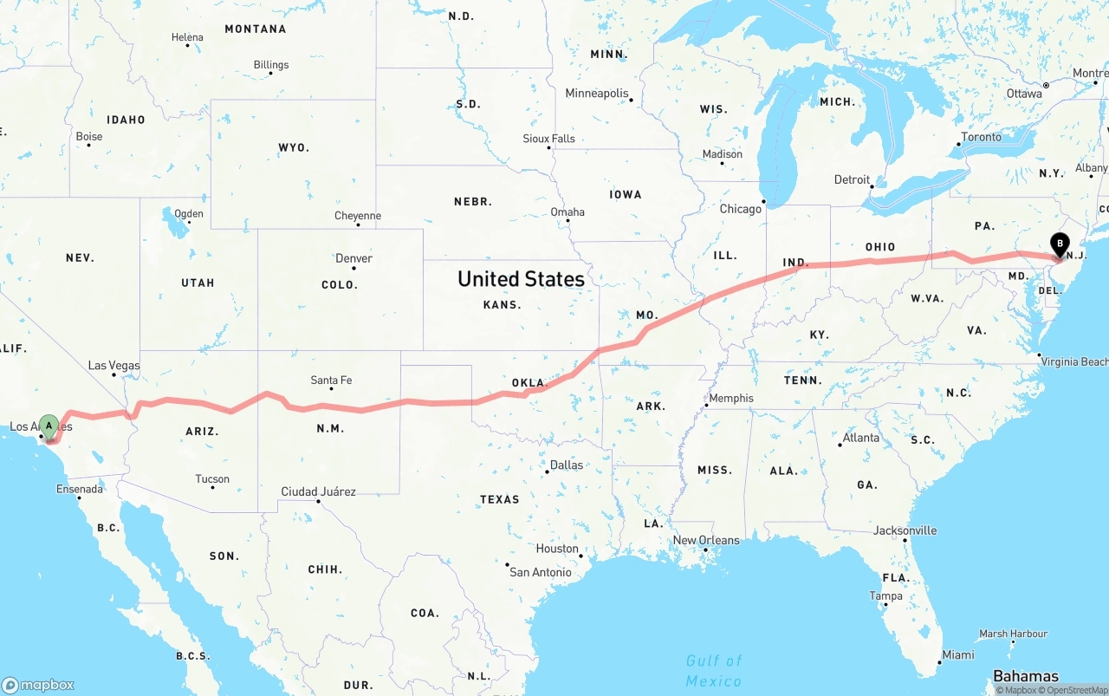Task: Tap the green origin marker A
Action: tap(49, 426)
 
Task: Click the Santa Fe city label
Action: tap(331, 381)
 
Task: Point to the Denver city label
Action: tap(353, 258)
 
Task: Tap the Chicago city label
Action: tap(740, 209)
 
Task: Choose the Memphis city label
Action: tap(730, 399)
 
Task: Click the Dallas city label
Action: tap(566, 465)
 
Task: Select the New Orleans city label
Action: tap(706, 541)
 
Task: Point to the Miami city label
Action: tap(957, 655)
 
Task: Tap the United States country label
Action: tap(521, 279)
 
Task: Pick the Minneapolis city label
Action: tap(597, 94)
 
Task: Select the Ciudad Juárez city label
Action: tap(318, 492)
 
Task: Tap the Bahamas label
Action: tap(1026, 676)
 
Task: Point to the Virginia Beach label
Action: tap(1073, 362)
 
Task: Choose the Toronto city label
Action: tap(981, 137)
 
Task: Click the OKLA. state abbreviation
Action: tap(529, 383)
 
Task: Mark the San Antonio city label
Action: tap(540, 572)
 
